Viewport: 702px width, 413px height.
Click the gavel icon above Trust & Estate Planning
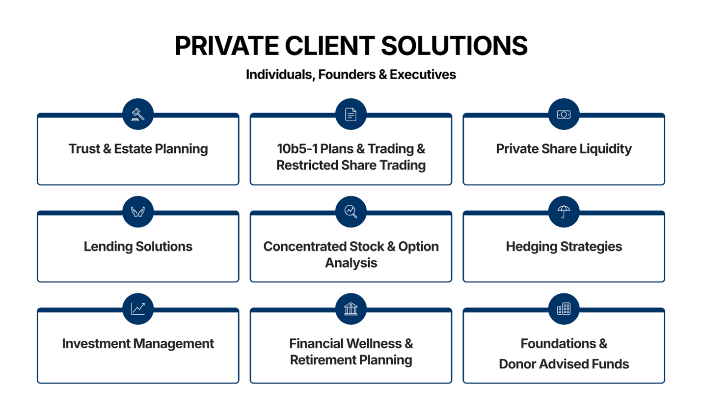(138, 114)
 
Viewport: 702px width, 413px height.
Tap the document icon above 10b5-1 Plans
(351, 114)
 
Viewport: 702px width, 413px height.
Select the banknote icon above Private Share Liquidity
(564, 114)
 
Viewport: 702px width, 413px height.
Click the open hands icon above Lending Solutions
(138, 212)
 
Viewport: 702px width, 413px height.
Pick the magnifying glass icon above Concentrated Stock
(351, 212)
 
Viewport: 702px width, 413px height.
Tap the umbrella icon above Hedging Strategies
(564, 212)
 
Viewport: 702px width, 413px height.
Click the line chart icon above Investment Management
(138, 309)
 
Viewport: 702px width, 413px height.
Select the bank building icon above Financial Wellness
(351, 309)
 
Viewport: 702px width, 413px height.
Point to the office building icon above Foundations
(564, 309)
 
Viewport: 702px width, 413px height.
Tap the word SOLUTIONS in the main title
(455, 46)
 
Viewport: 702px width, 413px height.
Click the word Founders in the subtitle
(347, 75)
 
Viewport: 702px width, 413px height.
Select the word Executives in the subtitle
(423, 75)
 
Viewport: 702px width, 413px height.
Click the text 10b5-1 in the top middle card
(297, 149)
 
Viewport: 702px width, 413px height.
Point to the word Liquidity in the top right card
(605, 149)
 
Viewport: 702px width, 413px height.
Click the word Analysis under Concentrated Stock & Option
(351, 263)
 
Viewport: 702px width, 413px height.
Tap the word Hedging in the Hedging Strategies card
(532, 247)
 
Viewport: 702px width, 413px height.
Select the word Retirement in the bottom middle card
(323, 360)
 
